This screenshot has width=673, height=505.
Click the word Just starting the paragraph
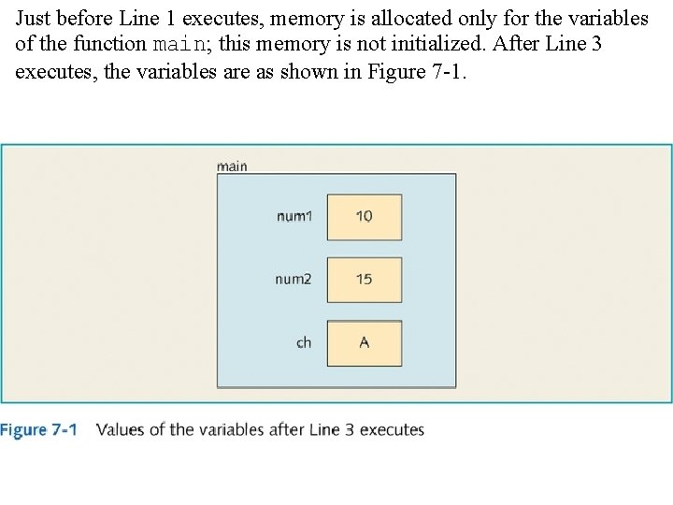coord(35,19)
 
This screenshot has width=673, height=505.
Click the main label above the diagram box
coord(232,166)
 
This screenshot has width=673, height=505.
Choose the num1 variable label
coord(294,216)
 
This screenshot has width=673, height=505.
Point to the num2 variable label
coord(294,280)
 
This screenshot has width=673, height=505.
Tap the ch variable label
coord(304,343)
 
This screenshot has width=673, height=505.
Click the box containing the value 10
coord(365,217)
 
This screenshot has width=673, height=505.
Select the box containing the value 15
coord(365,280)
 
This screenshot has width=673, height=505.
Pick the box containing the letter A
coord(365,343)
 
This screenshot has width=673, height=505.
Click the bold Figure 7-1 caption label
coord(38,430)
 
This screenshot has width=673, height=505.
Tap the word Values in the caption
coord(122,430)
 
